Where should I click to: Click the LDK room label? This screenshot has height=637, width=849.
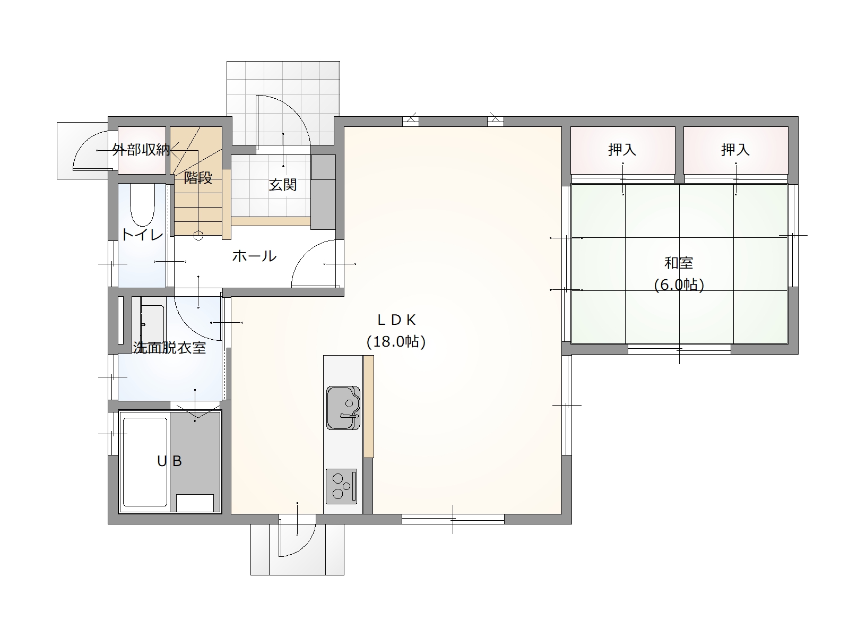[396, 320]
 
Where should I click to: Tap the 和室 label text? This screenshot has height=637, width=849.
[679, 263]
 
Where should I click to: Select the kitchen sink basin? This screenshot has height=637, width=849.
[343, 408]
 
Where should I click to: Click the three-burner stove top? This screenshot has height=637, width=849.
[341, 486]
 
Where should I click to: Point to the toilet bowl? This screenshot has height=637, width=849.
[142, 205]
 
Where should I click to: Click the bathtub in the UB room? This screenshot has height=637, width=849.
[145, 462]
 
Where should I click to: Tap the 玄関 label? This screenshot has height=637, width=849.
[283, 185]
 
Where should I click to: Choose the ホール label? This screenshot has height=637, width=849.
[255, 256]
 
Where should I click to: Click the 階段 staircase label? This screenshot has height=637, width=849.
[198, 177]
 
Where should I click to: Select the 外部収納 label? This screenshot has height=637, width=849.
[141, 150]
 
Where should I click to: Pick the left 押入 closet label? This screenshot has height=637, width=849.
[622, 150]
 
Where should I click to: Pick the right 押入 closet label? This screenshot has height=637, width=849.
[735, 150]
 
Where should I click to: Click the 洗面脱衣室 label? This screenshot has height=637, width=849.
[169, 348]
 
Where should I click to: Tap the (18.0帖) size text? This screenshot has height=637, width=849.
[396, 341]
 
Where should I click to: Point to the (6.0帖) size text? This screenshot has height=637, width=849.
[679, 285]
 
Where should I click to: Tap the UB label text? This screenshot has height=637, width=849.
[169, 461]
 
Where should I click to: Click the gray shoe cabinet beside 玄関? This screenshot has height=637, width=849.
[323, 192]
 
